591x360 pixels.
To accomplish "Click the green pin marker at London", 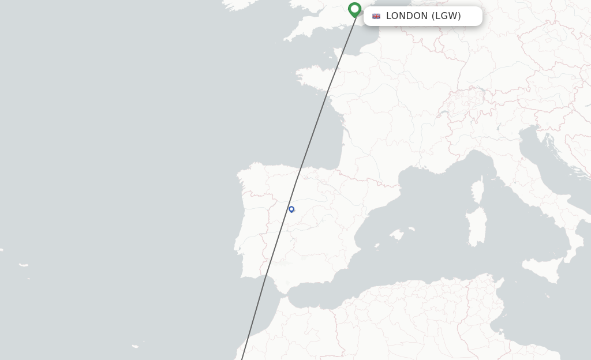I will tap(354, 9).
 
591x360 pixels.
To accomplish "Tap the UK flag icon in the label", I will tap(376, 16).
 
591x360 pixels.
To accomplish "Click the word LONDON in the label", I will tap(406, 16).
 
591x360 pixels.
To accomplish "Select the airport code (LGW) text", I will tap(446, 16).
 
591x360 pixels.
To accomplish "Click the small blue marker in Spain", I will tap(291, 209).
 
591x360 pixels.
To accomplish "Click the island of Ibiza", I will tap(376, 246).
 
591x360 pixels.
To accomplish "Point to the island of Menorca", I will tap(412, 228).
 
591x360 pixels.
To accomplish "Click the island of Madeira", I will tap(135, 346).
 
